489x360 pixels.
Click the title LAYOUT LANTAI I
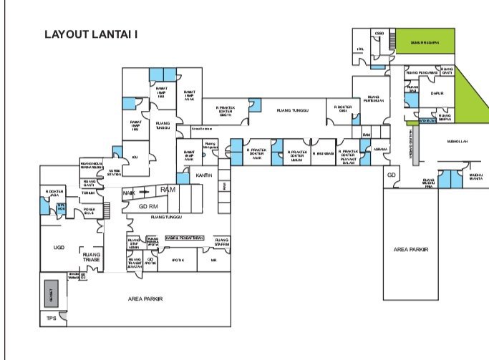[x=91, y=34]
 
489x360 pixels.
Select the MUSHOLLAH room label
[x=456, y=142]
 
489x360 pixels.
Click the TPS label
[x=51, y=318]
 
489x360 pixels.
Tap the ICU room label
[x=134, y=157]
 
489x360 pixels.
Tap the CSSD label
[x=379, y=33]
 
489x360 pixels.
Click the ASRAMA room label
[x=380, y=149]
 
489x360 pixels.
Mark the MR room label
[x=213, y=261]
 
